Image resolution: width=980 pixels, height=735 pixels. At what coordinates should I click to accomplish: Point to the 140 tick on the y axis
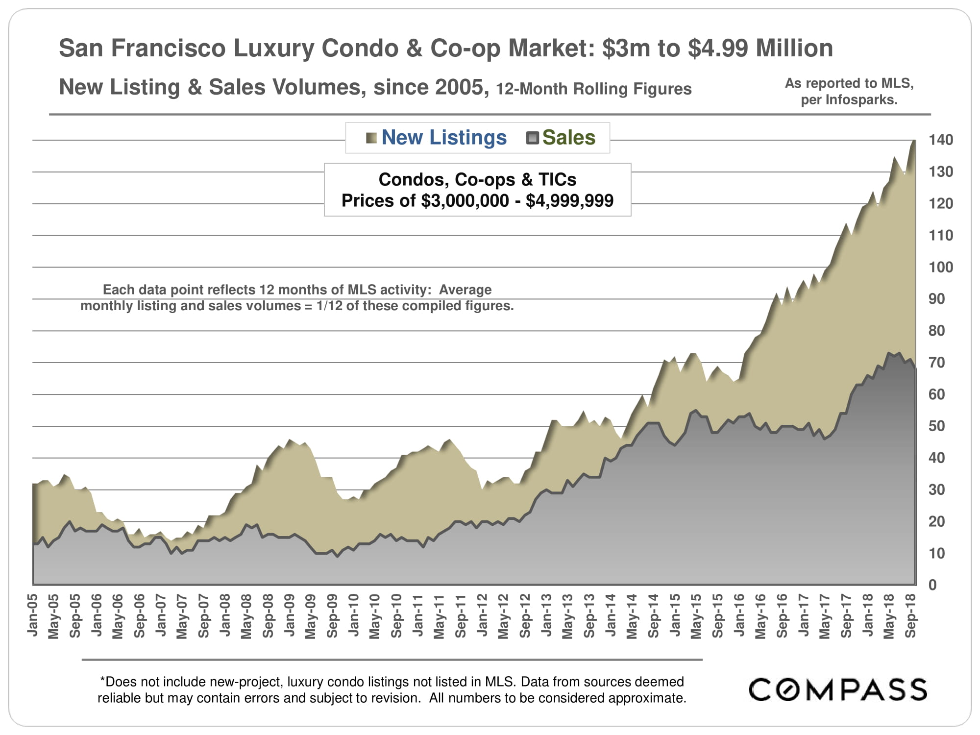coord(941,140)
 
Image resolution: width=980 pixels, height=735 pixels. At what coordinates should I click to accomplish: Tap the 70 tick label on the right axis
coord(936,363)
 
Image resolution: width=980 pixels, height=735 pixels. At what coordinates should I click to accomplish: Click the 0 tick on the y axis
coord(932,585)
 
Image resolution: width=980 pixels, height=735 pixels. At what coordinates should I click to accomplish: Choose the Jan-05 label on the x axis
coord(33,615)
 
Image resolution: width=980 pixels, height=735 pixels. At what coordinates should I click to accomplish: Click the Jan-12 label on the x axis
coord(482,615)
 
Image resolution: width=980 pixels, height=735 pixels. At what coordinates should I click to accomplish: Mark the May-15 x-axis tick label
coord(696,616)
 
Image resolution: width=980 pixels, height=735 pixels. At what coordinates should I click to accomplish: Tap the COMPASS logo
coord(838,690)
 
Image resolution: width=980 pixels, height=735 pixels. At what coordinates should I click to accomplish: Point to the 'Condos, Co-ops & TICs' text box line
coord(477,180)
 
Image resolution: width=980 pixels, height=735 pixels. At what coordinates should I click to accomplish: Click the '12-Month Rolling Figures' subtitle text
coord(593,89)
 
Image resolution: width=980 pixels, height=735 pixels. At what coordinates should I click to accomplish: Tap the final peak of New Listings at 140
coord(914,141)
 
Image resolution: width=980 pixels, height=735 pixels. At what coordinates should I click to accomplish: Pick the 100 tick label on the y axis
coord(941,268)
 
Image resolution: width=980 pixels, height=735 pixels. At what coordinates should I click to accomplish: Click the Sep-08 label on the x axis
coord(268,616)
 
